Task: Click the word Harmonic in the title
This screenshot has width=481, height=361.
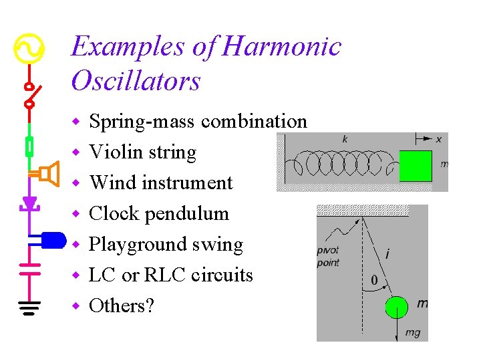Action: click(x=281, y=47)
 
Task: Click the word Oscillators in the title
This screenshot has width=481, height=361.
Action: click(x=136, y=81)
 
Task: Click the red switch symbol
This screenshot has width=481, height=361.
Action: click(x=30, y=95)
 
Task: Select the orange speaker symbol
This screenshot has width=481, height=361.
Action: click(x=47, y=174)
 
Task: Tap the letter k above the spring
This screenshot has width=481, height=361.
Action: click(x=345, y=139)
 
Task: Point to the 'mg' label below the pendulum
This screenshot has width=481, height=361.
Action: click(x=413, y=332)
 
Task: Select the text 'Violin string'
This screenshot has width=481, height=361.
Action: click(x=143, y=152)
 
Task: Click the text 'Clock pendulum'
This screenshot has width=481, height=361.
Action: click(x=159, y=214)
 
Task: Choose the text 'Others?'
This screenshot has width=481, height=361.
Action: click(x=122, y=306)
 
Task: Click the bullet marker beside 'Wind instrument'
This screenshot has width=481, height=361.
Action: click(x=76, y=183)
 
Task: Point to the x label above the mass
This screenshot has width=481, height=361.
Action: click(x=439, y=139)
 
